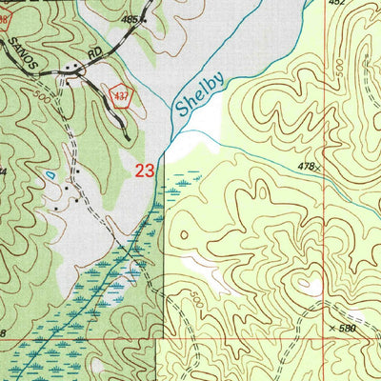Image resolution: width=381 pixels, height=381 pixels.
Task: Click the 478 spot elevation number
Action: point(303,167)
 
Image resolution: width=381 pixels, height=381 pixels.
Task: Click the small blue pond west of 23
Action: point(49,177)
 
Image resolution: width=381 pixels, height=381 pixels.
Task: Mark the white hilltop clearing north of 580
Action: point(308,285)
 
